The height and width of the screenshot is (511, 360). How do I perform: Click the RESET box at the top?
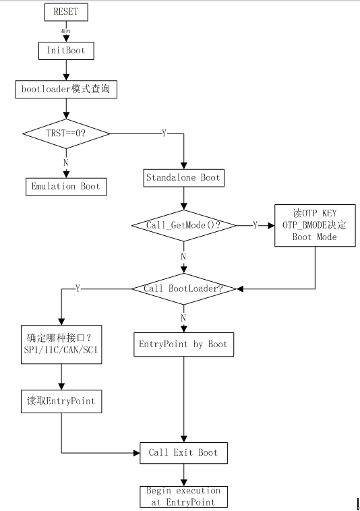(x=65, y=11)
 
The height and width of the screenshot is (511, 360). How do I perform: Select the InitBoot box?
(x=65, y=50)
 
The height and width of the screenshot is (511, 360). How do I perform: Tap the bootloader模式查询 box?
(x=65, y=88)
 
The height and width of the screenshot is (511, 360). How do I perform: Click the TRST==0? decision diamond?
(x=65, y=133)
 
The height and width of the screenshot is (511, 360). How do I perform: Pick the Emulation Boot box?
(x=65, y=186)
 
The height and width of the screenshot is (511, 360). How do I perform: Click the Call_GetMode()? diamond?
(x=183, y=225)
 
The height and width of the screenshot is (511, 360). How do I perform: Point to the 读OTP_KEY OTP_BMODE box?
(x=315, y=226)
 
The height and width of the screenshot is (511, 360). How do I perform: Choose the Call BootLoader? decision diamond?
(x=183, y=289)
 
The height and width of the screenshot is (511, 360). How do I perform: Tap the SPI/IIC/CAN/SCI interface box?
(x=61, y=344)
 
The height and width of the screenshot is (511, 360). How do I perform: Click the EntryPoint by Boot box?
(x=183, y=344)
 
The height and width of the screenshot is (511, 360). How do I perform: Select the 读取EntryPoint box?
(x=61, y=401)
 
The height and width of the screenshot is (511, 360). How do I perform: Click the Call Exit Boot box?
(x=183, y=452)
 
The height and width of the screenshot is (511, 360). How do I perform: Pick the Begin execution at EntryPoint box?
(x=183, y=495)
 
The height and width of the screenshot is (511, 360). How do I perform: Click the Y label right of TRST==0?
(x=164, y=133)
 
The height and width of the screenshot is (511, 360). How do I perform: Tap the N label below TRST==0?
(x=65, y=162)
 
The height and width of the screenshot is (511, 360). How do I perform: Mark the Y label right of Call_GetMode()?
(x=254, y=225)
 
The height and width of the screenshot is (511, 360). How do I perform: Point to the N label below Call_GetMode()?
(x=183, y=256)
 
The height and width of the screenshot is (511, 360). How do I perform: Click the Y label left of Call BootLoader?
(x=78, y=289)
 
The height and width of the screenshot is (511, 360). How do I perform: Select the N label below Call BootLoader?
(x=183, y=317)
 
